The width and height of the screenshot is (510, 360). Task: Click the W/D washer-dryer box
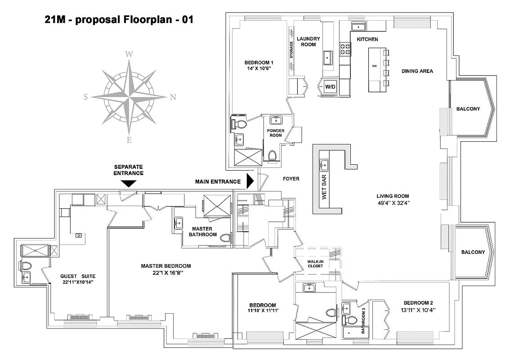330,86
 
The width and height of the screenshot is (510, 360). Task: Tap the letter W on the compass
129,54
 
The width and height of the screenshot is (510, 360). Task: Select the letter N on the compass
173,97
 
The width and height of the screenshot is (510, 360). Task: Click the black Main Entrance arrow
251,182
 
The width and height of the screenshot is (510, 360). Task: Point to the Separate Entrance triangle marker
129,183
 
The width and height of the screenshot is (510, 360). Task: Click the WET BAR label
324,189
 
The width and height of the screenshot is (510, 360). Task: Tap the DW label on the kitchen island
374,66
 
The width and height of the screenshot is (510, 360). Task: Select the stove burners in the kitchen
345,49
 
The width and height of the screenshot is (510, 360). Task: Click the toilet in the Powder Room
272,156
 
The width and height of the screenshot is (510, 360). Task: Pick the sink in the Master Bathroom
178,222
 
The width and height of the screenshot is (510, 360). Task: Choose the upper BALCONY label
468,109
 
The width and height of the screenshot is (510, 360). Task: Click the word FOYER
291,179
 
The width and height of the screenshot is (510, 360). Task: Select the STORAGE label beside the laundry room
291,50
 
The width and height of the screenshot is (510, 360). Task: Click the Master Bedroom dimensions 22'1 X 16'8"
165,273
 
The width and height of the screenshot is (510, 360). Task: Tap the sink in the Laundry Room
327,57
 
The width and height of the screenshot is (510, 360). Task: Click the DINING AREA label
417,71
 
